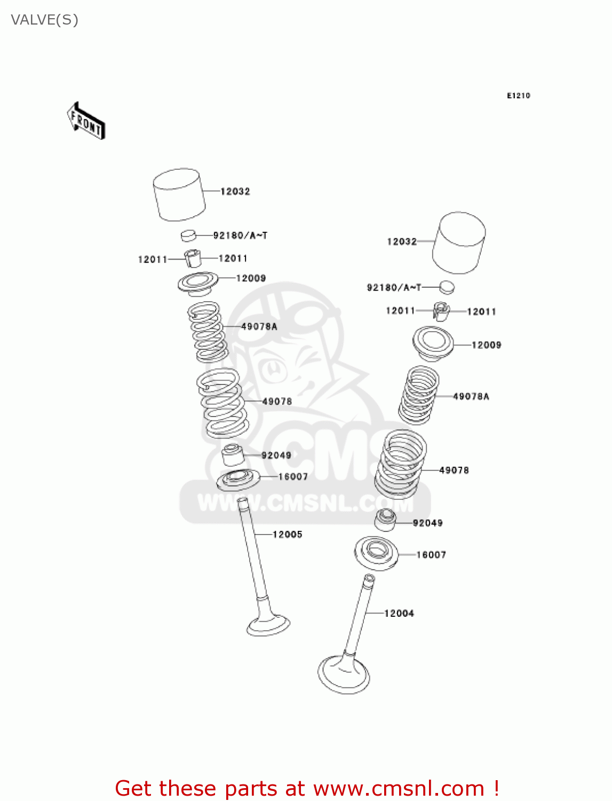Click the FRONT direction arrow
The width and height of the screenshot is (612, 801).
pos(86,121)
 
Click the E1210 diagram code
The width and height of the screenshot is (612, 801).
pos(518,96)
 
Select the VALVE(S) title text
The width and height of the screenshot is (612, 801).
pos(45,20)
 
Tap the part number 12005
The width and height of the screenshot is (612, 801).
pos(288,535)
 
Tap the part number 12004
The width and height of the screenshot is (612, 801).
pos(399,614)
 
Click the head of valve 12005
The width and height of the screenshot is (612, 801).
pos(268,625)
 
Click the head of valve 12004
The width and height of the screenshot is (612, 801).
pos(344,674)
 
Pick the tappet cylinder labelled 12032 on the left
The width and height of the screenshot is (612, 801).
pos(179,195)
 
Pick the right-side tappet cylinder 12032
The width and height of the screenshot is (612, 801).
pos(459,242)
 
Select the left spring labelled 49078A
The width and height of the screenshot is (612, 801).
pos(207,331)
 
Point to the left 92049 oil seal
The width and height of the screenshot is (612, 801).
pos(233,455)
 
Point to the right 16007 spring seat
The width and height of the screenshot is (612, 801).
pos(376,553)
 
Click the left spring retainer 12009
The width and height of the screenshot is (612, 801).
pos(198,282)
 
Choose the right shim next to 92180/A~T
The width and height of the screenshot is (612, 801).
pos(447,287)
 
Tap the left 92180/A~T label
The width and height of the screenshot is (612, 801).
pos(240,235)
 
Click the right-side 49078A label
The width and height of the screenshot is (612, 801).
pos(471,396)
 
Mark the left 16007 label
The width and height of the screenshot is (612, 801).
pos(293,477)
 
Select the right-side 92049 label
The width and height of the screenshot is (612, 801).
pos(427,523)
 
